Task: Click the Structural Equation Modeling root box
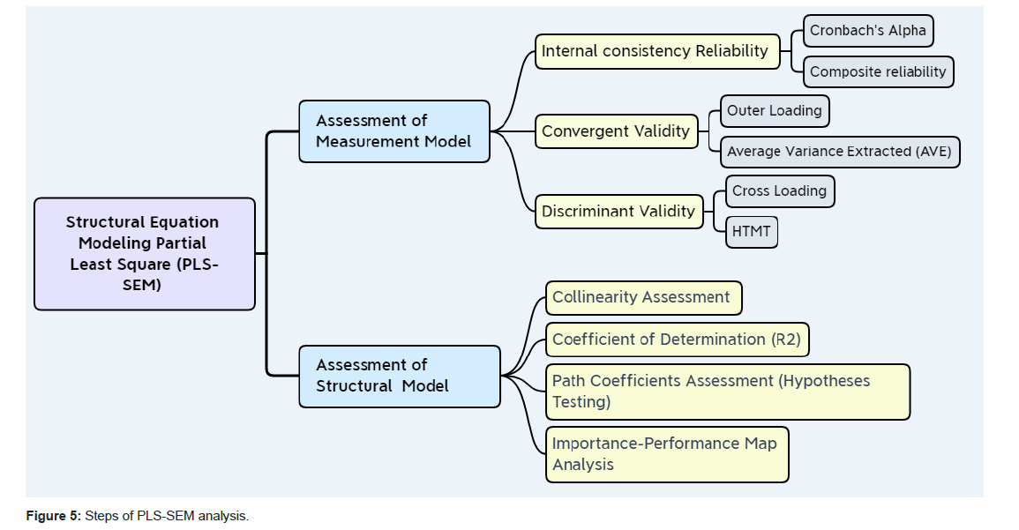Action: pyautogui.click(x=145, y=254)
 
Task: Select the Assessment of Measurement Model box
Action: pyautogui.click(x=393, y=131)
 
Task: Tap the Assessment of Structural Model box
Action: pyautogui.click(x=399, y=376)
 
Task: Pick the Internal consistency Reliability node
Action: pyautogui.click(x=657, y=51)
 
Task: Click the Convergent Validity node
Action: pyautogui.click(x=616, y=131)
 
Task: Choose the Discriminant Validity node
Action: pyautogui.click(x=618, y=212)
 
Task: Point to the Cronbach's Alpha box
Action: pyautogui.click(x=868, y=31)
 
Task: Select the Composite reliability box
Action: pyautogui.click(x=878, y=71)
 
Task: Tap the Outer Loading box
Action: pyautogui.click(x=775, y=111)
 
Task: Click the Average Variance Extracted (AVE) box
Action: pyautogui.click(x=839, y=152)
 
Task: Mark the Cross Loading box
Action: pyautogui.click(x=779, y=191)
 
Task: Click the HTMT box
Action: pyautogui.click(x=752, y=232)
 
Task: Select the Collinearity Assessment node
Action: pyautogui.click(x=643, y=298)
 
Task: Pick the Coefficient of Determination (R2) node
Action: pyautogui.click(x=677, y=340)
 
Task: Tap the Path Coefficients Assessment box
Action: pyautogui.click(x=727, y=392)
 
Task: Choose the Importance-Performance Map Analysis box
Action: pyautogui.click(x=666, y=454)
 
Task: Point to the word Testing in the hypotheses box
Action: pyautogui.click(x=581, y=401)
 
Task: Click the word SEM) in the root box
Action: pyautogui.click(x=144, y=285)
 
